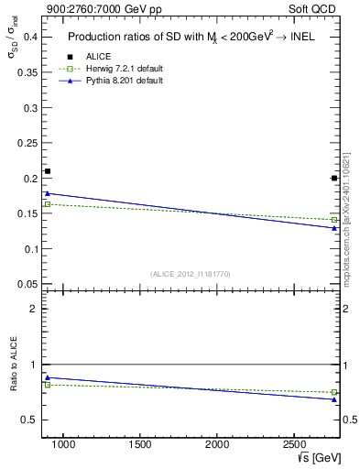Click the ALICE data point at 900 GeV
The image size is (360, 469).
click(48, 171)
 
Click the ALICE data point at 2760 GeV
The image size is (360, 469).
click(334, 178)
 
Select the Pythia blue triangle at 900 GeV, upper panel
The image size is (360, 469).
click(48, 193)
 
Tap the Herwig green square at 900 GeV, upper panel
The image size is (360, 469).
click(48, 203)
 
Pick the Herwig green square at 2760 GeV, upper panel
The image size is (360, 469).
click(334, 220)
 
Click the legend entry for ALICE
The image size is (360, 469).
click(98, 57)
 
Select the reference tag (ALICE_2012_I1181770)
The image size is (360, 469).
click(191, 274)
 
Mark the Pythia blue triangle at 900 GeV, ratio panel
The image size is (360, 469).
click(48, 377)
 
